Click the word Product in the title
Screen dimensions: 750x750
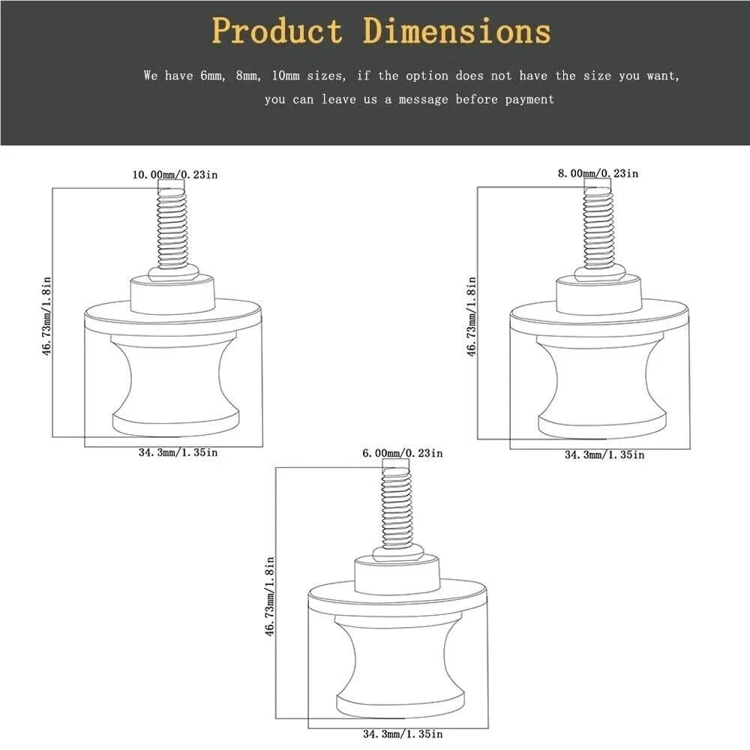click(277, 31)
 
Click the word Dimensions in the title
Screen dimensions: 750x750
click(457, 31)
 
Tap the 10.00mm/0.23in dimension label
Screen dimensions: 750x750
click(175, 175)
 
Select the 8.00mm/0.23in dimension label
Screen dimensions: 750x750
click(598, 173)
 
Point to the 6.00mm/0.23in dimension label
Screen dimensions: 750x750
click(402, 453)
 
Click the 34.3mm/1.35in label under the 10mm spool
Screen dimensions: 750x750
click(178, 452)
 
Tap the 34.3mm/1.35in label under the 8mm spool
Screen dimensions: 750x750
click(604, 454)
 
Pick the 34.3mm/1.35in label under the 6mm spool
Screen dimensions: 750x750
click(403, 733)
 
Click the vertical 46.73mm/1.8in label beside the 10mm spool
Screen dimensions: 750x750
click(46, 316)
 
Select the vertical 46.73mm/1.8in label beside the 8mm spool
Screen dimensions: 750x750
click(472, 316)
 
